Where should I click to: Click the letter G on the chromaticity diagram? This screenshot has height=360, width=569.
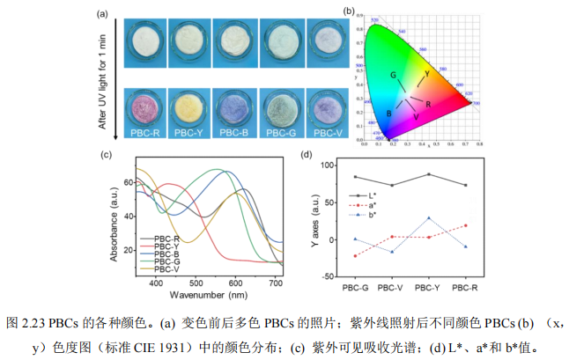(395, 76)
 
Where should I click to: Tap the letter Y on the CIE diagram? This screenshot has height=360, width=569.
(427, 74)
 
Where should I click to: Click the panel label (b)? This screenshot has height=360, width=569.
(350, 11)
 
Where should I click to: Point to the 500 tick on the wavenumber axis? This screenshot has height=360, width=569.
(194, 283)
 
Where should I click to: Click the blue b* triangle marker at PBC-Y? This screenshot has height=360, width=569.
(428, 217)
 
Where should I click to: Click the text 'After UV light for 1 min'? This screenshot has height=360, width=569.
(104, 78)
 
